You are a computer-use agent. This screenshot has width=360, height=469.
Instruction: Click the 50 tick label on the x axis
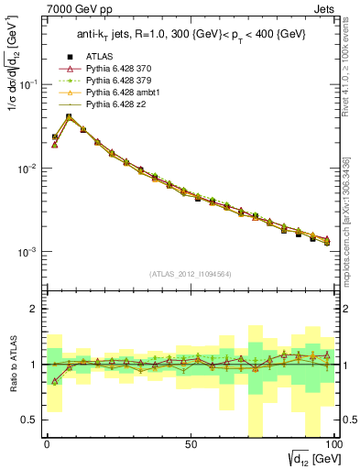point(190,443)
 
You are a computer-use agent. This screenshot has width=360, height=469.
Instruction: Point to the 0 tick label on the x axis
point(47,443)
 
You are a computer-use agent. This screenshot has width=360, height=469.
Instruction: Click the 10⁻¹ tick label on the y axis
point(29,84)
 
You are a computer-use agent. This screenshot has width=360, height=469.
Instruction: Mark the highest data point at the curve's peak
point(69,116)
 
